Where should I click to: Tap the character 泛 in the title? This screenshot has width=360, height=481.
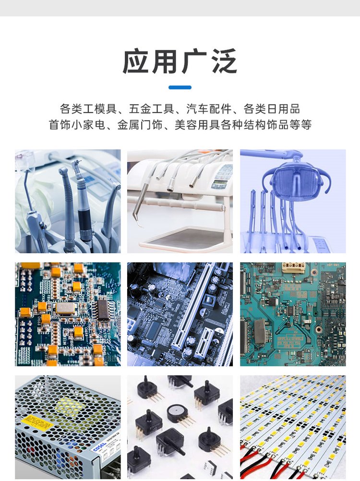pos(224,61)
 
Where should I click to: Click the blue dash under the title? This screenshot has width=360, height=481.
pos(180,87)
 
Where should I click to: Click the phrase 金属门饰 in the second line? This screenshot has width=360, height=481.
pos(140,125)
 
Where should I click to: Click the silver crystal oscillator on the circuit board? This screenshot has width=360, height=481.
pos(65,308)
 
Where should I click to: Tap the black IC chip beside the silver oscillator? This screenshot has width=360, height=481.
pos(103,310)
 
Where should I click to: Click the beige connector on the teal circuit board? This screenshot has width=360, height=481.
pos(293,267)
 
